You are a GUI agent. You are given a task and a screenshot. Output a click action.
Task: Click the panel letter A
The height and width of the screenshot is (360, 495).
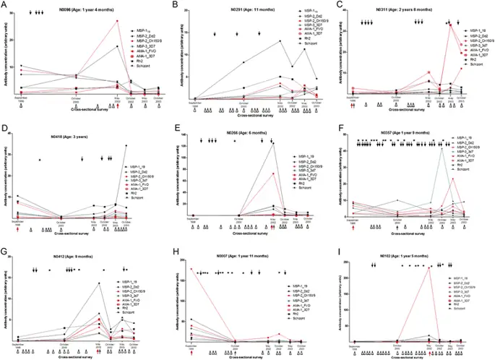[5, 6]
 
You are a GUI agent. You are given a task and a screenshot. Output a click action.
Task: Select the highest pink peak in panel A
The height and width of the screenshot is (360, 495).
[117, 21]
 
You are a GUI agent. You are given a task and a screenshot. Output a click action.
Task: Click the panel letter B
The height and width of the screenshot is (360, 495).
[173, 6]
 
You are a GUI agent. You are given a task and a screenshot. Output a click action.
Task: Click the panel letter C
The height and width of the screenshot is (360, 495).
[338, 6]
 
